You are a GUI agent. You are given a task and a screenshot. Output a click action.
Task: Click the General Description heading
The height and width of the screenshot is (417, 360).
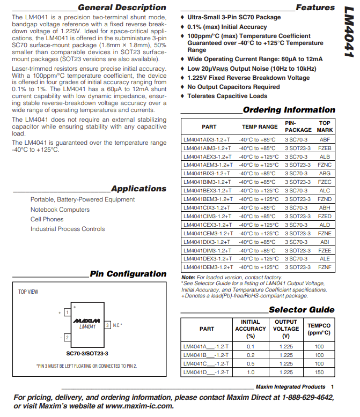coord(122,8)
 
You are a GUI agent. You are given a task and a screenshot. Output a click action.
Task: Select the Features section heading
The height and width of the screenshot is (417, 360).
coord(315,8)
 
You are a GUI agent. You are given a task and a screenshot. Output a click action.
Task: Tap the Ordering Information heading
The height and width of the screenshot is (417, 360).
coord(289,110)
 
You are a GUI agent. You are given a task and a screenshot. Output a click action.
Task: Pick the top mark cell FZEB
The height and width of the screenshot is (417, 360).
coord(325,148)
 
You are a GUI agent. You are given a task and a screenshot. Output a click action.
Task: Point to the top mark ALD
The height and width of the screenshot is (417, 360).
coord(325,225)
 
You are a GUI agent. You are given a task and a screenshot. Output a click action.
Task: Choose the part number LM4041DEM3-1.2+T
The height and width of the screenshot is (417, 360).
coord(208,267)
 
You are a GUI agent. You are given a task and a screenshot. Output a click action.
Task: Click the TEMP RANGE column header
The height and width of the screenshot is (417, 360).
coord(260,127)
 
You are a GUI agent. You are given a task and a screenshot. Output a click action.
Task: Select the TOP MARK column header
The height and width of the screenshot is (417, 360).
coord(325,126)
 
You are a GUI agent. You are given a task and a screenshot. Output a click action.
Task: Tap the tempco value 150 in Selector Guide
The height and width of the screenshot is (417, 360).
coord(319,373)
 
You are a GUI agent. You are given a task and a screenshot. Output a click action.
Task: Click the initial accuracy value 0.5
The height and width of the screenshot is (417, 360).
coord(251,364)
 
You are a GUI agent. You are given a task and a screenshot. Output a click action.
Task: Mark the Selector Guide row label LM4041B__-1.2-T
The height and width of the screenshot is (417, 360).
coord(206,355)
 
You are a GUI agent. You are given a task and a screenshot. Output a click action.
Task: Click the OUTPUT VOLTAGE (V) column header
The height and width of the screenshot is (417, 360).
coord(286,329)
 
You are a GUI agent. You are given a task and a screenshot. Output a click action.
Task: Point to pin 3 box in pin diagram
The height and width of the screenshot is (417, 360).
coord(107,325)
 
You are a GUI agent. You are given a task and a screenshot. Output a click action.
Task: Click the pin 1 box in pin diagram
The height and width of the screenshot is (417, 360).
coord(67,312)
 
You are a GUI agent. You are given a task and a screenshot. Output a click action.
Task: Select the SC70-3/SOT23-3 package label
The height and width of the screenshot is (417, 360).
coord(87,353)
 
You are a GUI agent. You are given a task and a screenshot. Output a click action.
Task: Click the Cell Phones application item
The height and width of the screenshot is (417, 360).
coord(47,219)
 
